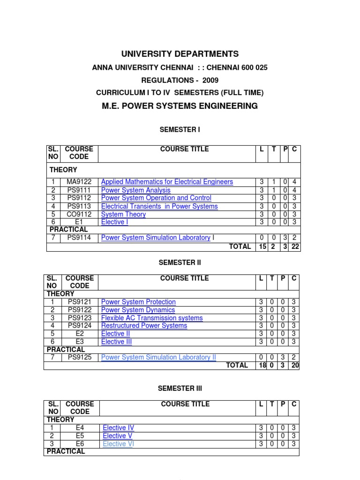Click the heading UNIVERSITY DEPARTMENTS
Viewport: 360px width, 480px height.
pos(180,54)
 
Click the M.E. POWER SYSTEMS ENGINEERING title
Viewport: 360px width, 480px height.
pos(180,106)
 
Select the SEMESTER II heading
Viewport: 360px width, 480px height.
pos(180,263)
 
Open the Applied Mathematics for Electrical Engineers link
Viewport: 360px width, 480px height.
pos(167,182)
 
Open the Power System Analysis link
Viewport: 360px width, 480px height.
pos(135,190)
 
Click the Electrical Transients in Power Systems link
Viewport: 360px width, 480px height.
pos(159,206)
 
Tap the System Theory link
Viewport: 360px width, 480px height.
pos(123,214)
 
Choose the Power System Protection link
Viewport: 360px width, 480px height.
pos(138,302)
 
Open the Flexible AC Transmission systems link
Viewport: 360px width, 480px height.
pos(152,318)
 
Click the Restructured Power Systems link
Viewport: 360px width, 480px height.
pos(144,325)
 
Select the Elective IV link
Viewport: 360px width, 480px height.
pos(118,427)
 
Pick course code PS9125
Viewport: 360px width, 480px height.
pos(80,357)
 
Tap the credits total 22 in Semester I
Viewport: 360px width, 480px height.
pos(295,247)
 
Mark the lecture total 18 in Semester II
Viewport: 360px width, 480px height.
pos(262,366)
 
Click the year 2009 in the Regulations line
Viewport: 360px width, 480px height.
pos(210,80)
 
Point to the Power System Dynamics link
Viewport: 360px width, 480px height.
pos(138,310)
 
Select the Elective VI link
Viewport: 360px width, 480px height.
pos(118,444)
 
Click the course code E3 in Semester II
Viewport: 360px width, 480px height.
pos(80,342)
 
